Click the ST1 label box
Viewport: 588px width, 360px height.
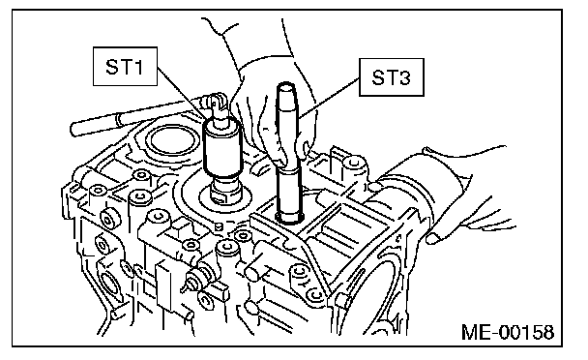point(125,67)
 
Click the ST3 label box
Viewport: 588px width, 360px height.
point(392,77)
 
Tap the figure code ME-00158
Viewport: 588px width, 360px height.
point(508,332)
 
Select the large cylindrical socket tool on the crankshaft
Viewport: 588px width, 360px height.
point(222,148)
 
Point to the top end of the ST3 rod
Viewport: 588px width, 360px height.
point(286,86)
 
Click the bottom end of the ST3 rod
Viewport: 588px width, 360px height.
point(290,218)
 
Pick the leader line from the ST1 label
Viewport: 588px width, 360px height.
point(182,93)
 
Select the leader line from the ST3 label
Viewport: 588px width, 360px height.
point(329,98)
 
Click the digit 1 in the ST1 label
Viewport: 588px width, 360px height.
point(138,67)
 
